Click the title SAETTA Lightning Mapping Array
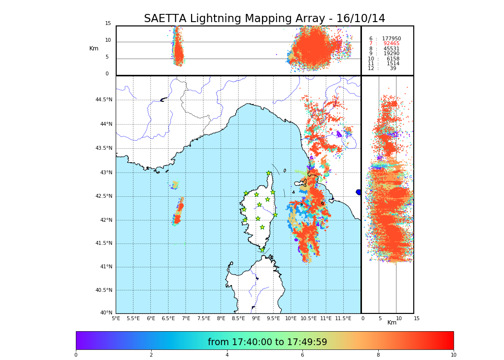click(264, 19)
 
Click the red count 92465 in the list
click(391, 44)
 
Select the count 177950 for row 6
click(391, 39)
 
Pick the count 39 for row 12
click(393, 69)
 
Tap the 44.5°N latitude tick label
click(104, 100)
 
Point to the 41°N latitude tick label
click(106, 267)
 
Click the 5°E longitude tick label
click(116, 318)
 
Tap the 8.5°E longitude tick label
click(238, 318)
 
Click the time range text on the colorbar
click(267, 342)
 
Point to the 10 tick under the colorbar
click(453, 355)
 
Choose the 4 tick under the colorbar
click(227, 355)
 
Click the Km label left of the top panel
click(94, 48)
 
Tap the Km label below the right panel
click(392, 323)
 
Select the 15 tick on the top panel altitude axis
click(108, 24)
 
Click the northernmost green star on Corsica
click(269, 173)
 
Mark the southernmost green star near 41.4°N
click(262, 250)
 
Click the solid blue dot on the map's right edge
click(359, 192)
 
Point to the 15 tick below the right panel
click(417, 318)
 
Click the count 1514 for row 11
click(393, 64)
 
